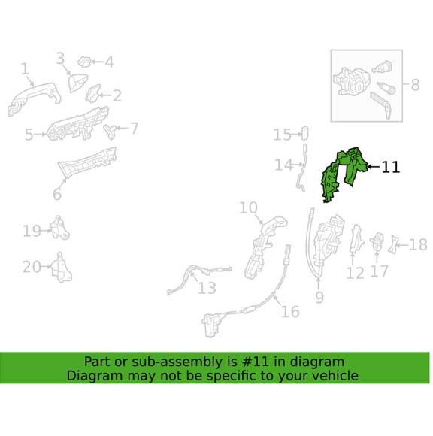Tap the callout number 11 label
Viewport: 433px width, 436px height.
click(x=391, y=167)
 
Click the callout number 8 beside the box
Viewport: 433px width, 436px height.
click(x=415, y=84)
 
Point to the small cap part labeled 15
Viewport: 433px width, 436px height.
click(x=304, y=133)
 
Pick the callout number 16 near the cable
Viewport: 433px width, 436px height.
click(x=290, y=311)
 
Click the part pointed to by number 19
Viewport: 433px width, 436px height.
click(x=60, y=228)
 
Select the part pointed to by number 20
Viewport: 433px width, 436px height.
click(x=62, y=268)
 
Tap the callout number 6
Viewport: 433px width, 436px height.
click(x=57, y=194)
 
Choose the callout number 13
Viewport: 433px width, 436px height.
click(x=207, y=288)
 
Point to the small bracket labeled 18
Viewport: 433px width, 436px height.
click(x=393, y=244)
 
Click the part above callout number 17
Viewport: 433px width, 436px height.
click(x=377, y=241)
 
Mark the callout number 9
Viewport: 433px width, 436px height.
click(x=319, y=297)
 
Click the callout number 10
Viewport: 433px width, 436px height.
click(x=248, y=208)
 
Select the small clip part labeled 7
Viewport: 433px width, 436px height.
click(x=111, y=131)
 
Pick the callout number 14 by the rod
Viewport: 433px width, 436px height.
click(x=283, y=165)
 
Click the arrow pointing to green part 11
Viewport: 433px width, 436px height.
click(x=374, y=167)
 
